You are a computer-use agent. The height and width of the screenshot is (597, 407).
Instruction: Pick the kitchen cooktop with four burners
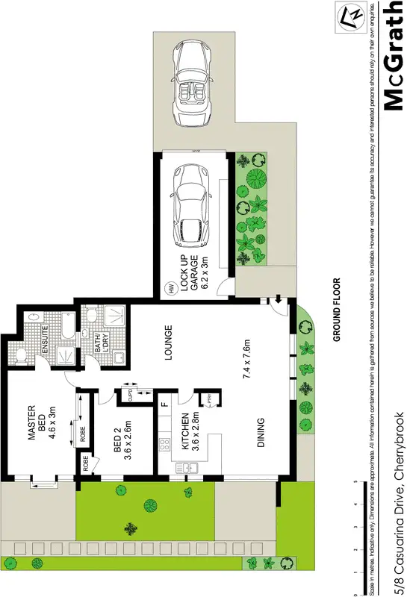pos(163,445)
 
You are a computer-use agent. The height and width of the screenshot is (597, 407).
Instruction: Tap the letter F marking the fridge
pos(163,406)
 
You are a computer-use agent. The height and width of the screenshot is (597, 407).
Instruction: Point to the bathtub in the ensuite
pos(65,325)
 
